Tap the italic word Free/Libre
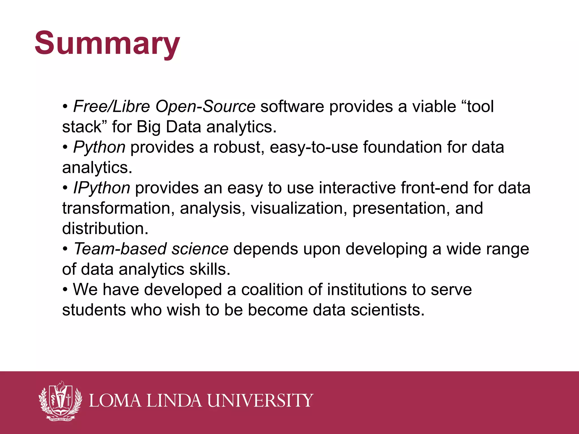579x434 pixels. tap(111, 107)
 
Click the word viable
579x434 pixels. tap(434, 107)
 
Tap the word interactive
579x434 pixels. tap(357, 188)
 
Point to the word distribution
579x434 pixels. tap(105, 229)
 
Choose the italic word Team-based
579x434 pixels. tap(120, 249)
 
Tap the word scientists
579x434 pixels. tap(387, 310)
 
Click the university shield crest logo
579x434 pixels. tap(60, 401)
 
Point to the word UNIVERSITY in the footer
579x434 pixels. tap(260, 401)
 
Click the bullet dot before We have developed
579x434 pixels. tap(65, 290)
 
